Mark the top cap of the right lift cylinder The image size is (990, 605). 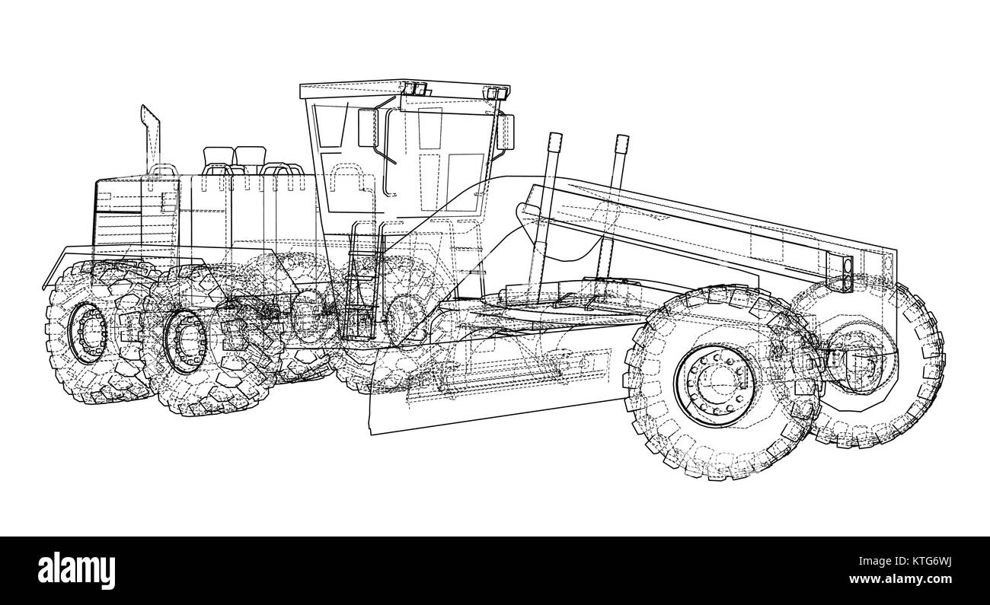coord(621,140)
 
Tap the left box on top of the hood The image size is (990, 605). coord(218,160)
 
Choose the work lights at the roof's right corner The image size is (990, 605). coord(497,94)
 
